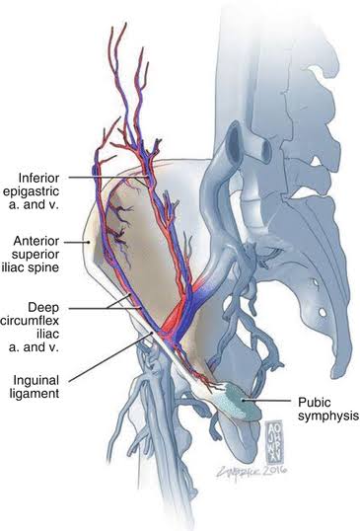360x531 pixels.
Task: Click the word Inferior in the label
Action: [x=38, y=178]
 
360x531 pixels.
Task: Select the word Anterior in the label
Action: [x=36, y=241]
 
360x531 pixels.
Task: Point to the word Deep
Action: [x=43, y=308]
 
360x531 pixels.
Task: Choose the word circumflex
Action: [x=30, y=321]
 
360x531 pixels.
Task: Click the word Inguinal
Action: [x=36, y=381]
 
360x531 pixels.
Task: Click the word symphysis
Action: [x=327, y=416]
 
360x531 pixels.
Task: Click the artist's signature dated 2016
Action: [x=252, y=470]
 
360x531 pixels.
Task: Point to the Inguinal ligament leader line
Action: [x=110, y=357]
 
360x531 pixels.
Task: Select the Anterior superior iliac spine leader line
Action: [x=77, y=242]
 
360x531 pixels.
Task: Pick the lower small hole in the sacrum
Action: [x=323, y=312]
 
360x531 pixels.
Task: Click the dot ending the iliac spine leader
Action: [x=89, y=242]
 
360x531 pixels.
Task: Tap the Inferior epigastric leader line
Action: [x=108, y=177]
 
